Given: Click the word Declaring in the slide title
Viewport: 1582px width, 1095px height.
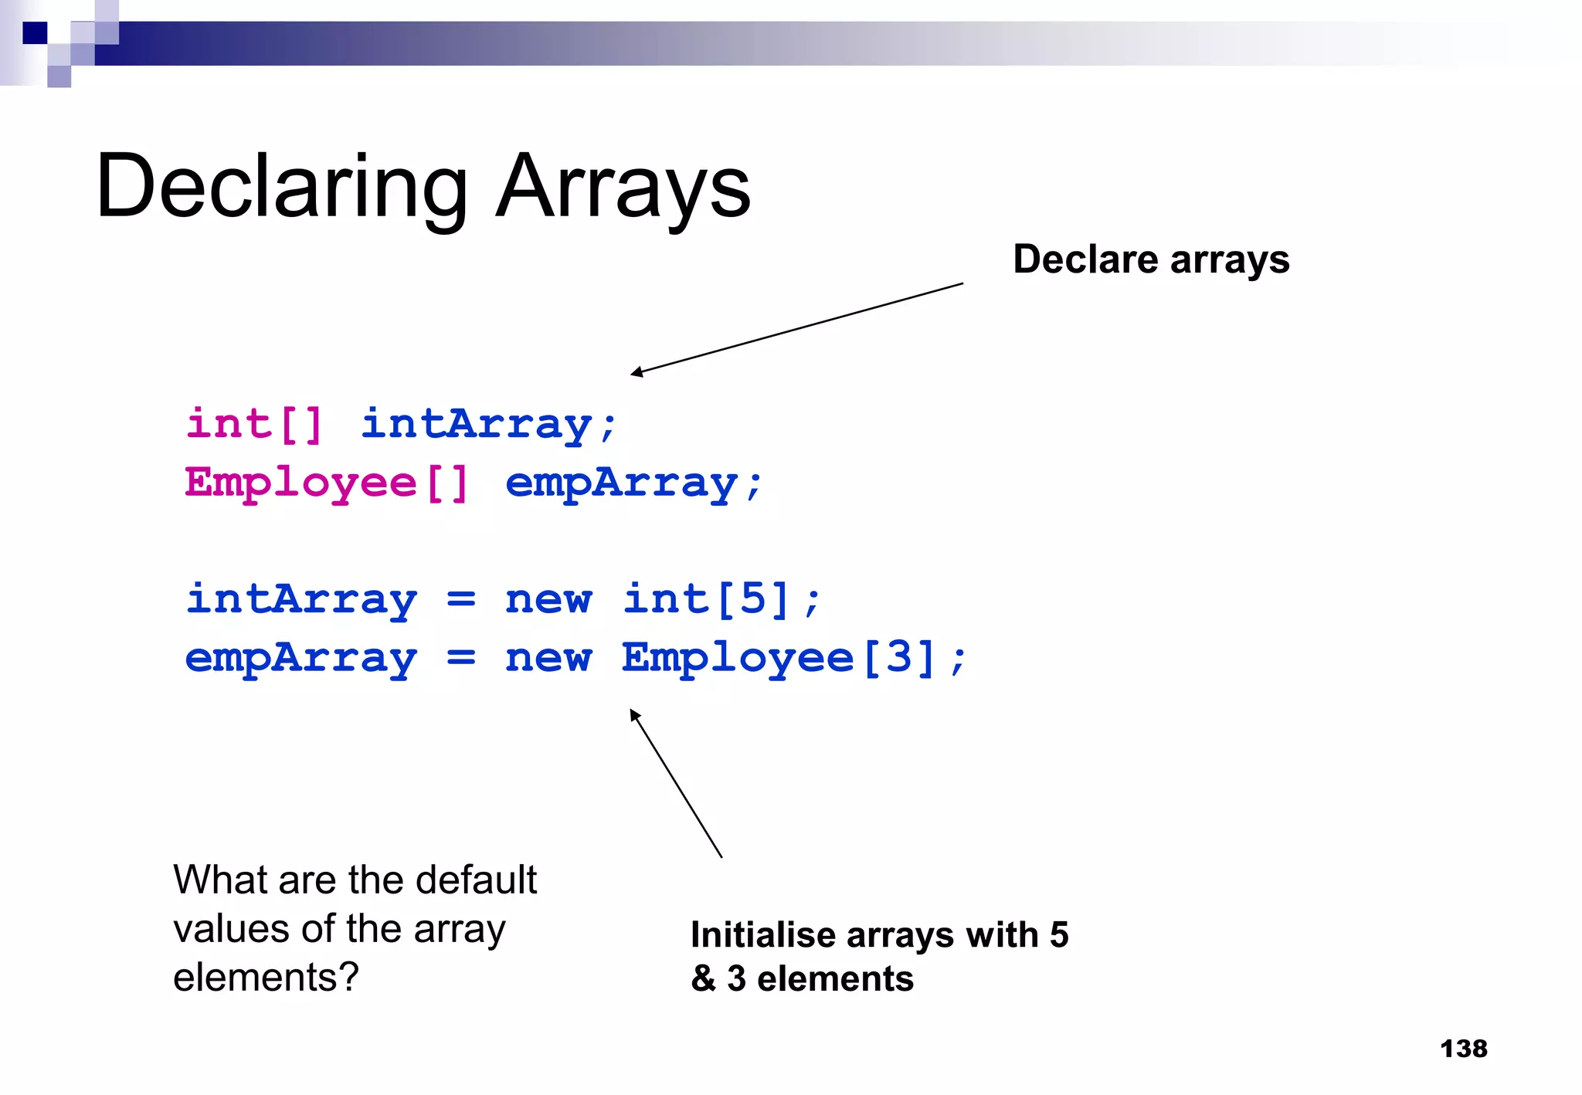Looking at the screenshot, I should point(282,188).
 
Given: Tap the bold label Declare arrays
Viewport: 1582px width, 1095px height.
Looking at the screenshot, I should point(1151,259).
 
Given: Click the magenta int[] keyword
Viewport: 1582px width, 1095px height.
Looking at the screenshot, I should point(253,425).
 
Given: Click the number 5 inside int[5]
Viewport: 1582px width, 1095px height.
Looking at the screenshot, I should point(752,599).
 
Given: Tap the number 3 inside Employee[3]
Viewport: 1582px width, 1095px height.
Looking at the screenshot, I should point(898,658).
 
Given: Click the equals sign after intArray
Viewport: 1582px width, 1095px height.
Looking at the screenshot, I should point(461,599).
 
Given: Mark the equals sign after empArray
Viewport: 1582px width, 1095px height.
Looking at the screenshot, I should point(461,658).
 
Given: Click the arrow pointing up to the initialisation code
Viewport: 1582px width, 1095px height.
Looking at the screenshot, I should point(676,783).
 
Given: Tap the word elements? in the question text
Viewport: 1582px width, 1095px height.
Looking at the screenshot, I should point(266,978).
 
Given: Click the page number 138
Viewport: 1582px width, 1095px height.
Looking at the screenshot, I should point(1463,1049).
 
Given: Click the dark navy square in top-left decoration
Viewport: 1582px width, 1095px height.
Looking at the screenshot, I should point(35,33).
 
